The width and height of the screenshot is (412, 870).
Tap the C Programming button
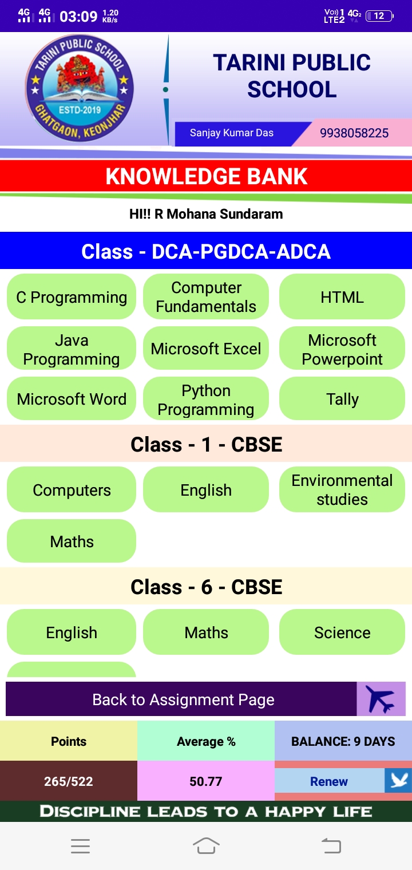coord(72,296)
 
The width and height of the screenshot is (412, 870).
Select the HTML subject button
coord(342,296)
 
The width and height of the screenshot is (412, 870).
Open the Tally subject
coord(342,398)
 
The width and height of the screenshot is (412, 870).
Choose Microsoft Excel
coord(206,348)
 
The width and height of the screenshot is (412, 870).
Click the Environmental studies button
coord(342,489)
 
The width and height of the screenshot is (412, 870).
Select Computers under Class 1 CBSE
coord(72,489)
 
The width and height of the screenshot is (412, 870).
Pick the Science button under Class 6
coord(342,632)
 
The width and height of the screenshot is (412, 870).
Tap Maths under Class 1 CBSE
coord(72,541)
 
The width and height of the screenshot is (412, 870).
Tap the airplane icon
coord(381,699)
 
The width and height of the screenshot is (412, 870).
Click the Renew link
coord(329,781)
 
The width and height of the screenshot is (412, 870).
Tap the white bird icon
coord(399,780)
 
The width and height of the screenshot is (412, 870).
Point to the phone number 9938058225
coord(354,133)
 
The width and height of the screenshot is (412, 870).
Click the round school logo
coord(80,88)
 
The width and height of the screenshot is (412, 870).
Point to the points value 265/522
coord(68,781)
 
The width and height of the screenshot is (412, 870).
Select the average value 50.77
coord(206,781)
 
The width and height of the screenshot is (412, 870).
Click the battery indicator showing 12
coord(380,16)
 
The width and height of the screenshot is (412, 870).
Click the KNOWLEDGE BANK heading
coord(206,176)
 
